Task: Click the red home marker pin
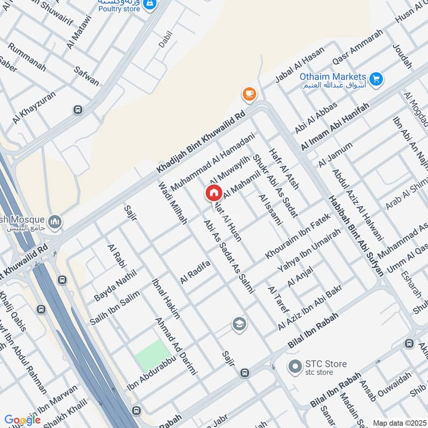tap(213, 193)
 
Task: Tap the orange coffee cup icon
tap(249, 94)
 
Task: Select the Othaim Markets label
tap(332, 77)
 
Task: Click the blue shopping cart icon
tap(377, 79)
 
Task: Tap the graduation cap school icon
tap(239, 324)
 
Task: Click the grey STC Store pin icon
tap(294, 367)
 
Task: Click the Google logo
tap(22, 420)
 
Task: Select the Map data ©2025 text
tap(399, 423)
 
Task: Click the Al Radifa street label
tap(195, 272)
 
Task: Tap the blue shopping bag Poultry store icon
tap(150, 5)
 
